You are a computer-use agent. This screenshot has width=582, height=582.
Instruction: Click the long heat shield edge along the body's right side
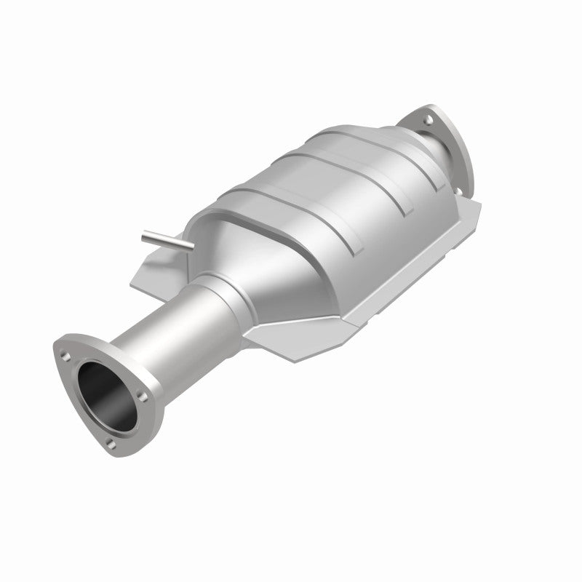click(407, 262)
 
